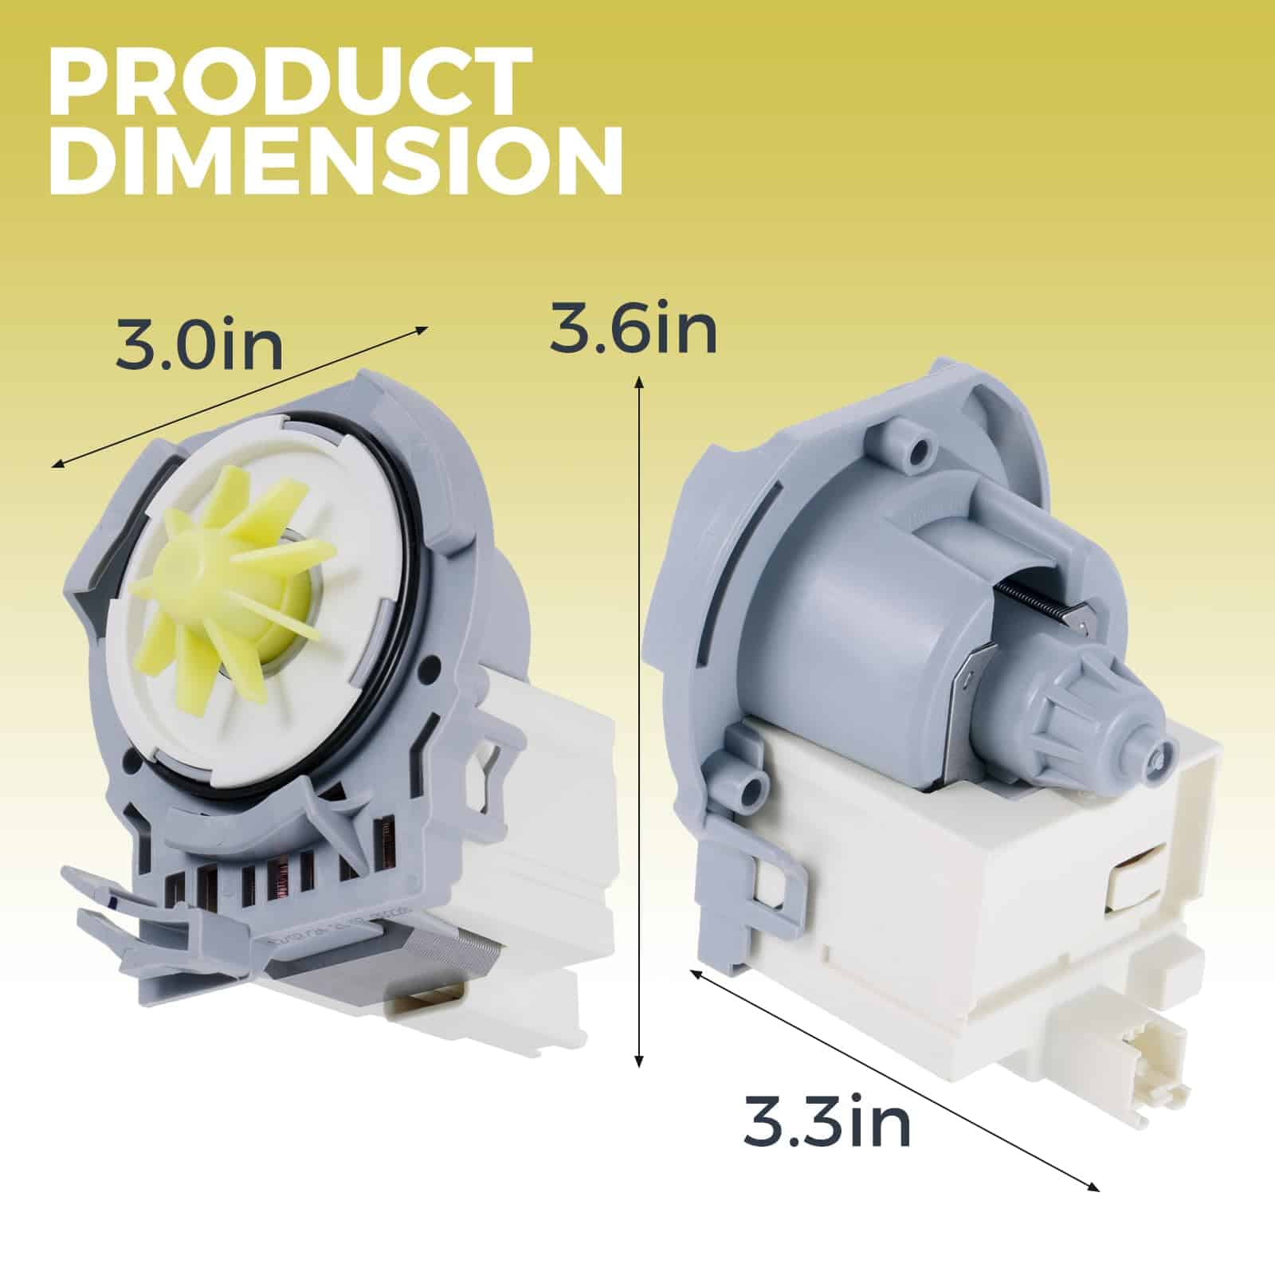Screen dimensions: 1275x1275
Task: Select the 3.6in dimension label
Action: pos(634,330)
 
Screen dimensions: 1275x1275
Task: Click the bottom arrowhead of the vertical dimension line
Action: pos(638,1060)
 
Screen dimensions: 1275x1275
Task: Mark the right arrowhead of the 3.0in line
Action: pos(422,329)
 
